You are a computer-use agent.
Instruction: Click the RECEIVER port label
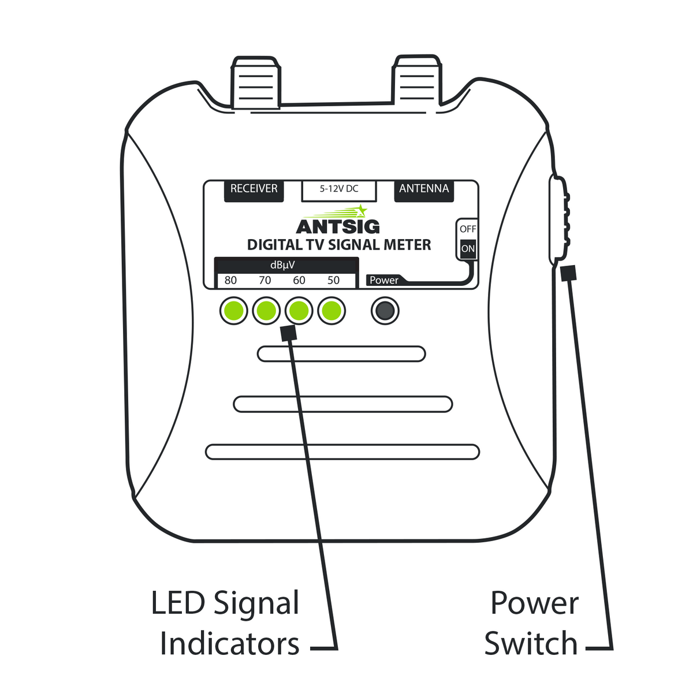point(254,189)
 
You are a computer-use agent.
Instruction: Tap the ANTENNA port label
point(424,189)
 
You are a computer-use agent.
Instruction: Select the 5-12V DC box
point(339,190)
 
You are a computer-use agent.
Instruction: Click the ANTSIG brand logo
point(338,226)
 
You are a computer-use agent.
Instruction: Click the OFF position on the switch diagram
point(468,229)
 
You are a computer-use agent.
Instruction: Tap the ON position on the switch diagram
point(468,249)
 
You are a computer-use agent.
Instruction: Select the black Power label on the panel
point(383,280)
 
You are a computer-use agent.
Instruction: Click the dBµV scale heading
point(283,265)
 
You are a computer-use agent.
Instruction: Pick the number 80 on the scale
point(230,281)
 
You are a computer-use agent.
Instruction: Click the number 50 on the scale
point(333,281)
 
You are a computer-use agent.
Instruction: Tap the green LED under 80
point(234,311)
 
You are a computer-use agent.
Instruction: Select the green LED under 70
point(266,311)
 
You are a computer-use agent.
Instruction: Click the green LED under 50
point(331,311)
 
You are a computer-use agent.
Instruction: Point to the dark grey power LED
point(385,311)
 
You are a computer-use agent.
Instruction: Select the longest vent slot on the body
point(342,452)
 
